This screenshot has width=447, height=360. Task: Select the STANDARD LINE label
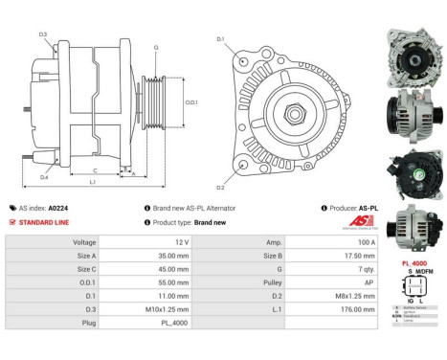[45, 222]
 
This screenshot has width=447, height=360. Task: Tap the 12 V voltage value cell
[154, 243]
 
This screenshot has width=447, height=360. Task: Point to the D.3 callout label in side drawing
[43, 34]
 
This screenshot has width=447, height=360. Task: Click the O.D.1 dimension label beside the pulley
[190, 102]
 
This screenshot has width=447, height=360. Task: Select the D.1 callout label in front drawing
[220, 39]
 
